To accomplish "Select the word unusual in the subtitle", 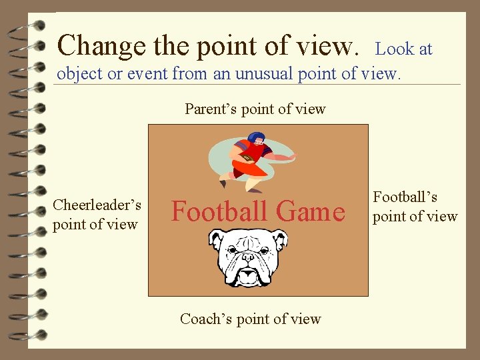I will click(250, 74).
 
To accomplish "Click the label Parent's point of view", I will click(255, 109).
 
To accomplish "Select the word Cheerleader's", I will click(97, 205).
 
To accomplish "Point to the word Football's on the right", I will click(405, 197).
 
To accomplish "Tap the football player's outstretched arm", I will click(280, 157).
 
